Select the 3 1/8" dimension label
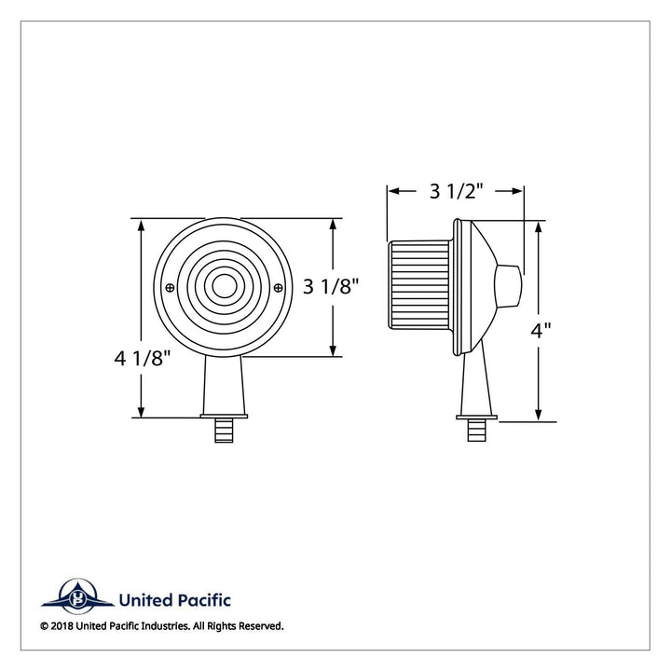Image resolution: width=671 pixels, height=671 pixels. (x=331, y=286)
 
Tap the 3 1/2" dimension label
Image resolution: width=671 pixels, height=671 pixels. (x=456, y=191)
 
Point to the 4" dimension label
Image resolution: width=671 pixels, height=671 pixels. (x=541, y=330)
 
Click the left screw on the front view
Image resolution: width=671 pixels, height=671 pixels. (x=170, y=288)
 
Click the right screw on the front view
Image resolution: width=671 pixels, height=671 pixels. (x=278, y=288)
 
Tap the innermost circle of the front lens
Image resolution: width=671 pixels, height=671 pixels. (x=225, y=287)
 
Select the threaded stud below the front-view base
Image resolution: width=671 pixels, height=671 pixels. (x=224, y=430)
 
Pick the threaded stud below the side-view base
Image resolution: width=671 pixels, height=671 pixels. (x=476, y=430)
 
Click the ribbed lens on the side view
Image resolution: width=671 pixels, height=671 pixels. (x=419, y=284)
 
